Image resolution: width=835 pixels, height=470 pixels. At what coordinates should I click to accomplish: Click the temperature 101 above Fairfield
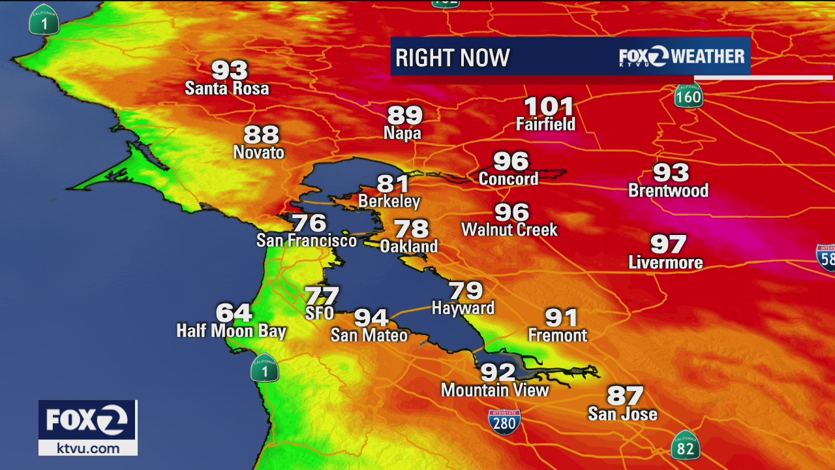click(x=549, y=106)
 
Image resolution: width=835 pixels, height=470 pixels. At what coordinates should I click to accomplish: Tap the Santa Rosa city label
click(x=227, y=88)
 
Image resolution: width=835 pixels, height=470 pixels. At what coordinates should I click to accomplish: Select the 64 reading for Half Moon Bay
click(x=234, y=313)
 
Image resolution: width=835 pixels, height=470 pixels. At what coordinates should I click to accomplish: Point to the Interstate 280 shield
click(x=504, y=422)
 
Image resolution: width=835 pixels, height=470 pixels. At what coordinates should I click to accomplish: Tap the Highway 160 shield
click(x=688, y=95)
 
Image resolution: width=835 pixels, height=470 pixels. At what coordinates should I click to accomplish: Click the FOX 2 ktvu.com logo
click(x=88, y=428)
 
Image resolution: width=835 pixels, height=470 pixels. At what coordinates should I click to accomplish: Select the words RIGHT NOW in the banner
click(x=452, y=58)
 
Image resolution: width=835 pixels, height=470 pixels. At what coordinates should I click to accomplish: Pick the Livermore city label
click(x=665, y=262)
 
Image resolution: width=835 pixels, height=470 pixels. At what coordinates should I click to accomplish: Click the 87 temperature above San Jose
click(x=625, y=396)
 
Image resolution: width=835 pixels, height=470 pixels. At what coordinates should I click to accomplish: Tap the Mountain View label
click(x=495, y=390)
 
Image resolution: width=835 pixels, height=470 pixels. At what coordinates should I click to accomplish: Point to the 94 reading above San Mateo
click(x=371, y=318)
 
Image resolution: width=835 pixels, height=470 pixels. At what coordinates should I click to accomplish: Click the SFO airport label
click(x=320, y=313)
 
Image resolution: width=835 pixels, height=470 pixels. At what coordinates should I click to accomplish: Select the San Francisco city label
click(x=306, y=240)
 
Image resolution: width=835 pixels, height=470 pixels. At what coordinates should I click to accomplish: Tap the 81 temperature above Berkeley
click(x=393, y=184)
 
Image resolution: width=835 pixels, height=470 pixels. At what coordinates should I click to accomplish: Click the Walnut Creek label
click(x=509, y=230)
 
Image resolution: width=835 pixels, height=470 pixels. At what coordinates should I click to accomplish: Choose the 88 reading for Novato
click(x=261, y=135)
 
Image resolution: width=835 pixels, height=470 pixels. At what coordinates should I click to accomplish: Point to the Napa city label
click(x=402, y=134)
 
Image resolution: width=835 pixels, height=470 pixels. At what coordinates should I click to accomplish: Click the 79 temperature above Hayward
click(x=465, y=290)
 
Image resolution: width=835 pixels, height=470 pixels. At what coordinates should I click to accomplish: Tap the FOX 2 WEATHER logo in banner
click(x=682, y=57)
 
